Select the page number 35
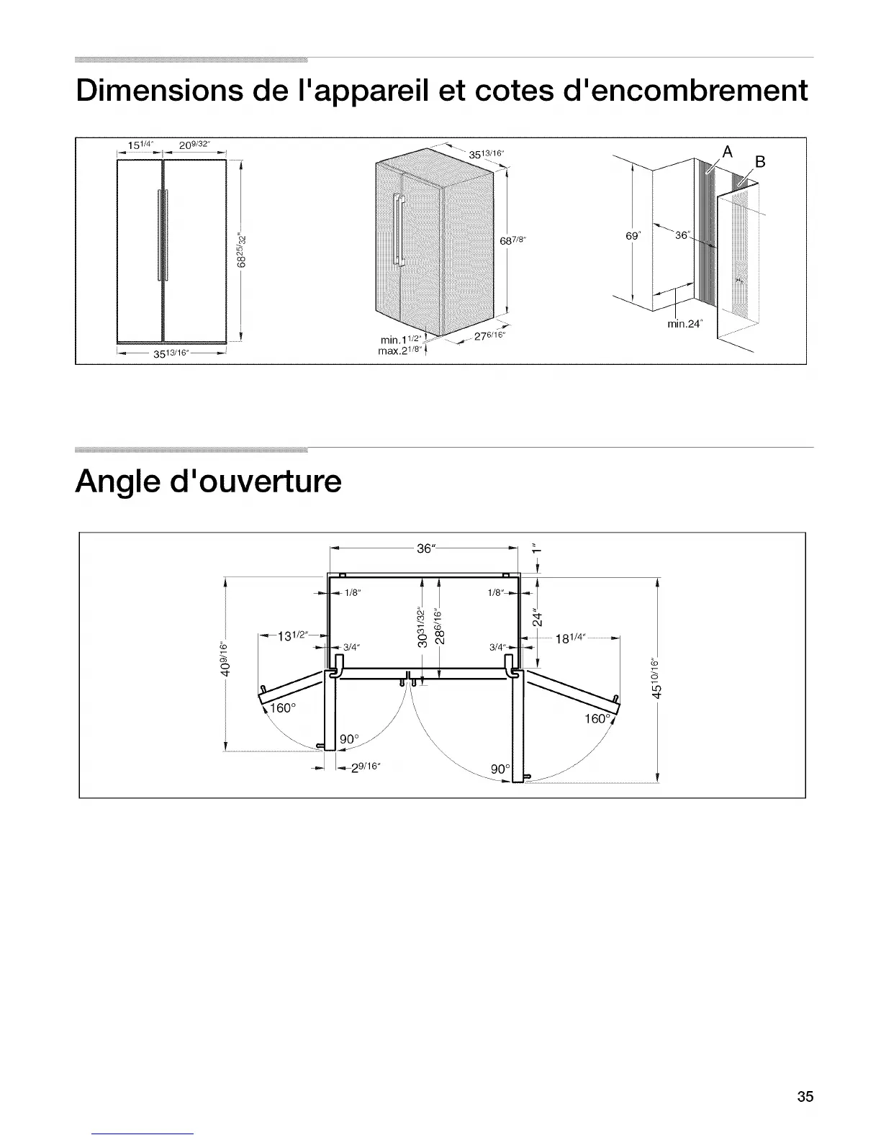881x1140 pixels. [805, 1097]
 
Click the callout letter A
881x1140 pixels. [727, 152]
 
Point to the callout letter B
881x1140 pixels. [760, 161]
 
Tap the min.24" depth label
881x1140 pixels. [685, 324]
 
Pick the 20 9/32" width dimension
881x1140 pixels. [194, 145]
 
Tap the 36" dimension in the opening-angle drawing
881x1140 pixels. [425, 548]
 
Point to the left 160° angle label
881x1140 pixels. [281, 708]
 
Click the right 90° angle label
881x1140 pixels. [500, 769]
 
